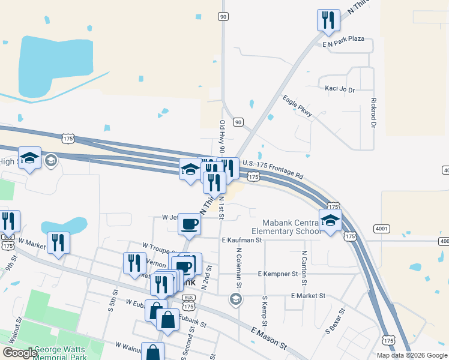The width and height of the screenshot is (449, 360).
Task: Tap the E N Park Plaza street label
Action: [x=343, y=38]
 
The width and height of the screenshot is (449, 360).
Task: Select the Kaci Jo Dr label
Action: [x=340, y=89]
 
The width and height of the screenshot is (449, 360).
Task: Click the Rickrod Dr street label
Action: [x=373, y=113]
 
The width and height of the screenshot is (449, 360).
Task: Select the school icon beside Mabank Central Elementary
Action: [x=330, y=220]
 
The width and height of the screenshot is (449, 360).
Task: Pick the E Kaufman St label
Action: [x=242, y=240]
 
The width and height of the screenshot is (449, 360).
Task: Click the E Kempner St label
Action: [x=278, y=274]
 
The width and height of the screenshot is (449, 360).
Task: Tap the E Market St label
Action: [x=307, y=296]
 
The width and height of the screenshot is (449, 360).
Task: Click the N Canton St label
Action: [x=304, y=267]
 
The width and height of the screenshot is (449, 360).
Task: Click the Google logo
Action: [x=20, y=353]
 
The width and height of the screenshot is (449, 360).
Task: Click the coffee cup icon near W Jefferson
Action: [x=190, y=223]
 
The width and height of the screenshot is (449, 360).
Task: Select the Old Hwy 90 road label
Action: [x=221, y=136]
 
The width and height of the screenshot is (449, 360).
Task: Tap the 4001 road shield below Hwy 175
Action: [x=381, y=229]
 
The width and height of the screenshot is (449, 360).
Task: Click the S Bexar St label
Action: [x=336, y=321]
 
